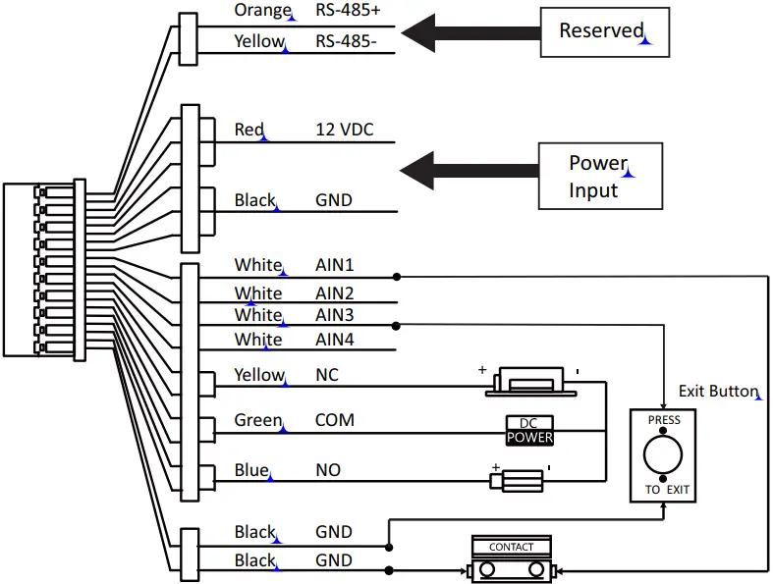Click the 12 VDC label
[x=344, y=130]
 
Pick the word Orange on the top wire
[x=262, y=12]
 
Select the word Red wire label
[x=249, y=130]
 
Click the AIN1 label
[x=334, y=265]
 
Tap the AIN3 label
[x=334, y=315]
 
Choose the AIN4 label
[x=334, y=340]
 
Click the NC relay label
[x=326, y=375]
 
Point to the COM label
[x=334, y=420]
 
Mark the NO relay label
[x=327, y=470]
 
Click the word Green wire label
[x=258, y=420]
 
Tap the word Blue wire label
[x=251, y=470]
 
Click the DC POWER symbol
[x=529, y=430]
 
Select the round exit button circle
[x=663, y=455]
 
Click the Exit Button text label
[x=718, y=391]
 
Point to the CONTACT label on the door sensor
[x=511, y=547]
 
